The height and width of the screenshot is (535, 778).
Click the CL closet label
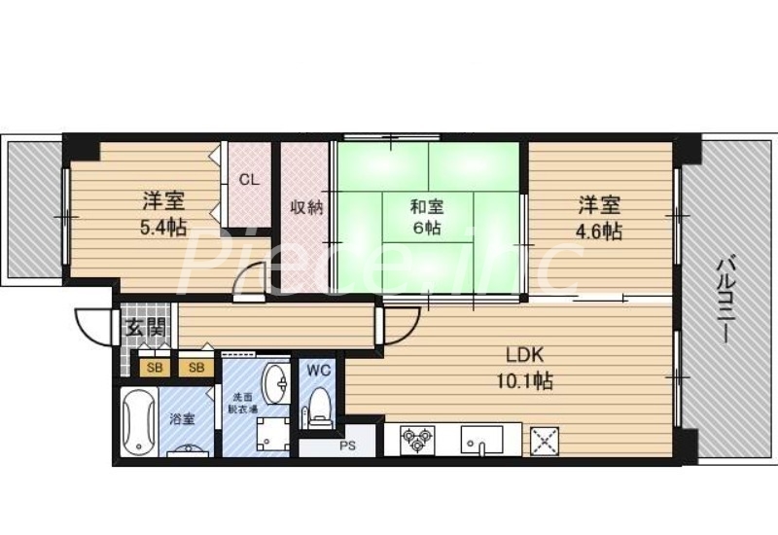pos(249,179)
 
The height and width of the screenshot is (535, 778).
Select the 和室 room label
pos(427,205)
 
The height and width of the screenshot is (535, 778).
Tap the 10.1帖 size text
pos(526,381)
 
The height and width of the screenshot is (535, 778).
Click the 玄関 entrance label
pos(136,328)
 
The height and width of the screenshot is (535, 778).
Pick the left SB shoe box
pos(154,367)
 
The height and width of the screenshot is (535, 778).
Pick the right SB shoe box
pos(195,367)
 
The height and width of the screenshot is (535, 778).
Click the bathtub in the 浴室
pos(137,421)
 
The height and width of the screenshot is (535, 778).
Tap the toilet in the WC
pos(319,408)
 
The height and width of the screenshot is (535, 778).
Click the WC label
pos(319,370)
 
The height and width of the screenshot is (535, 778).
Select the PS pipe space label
pos(347,447)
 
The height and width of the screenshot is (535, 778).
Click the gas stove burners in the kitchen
pos(419,438)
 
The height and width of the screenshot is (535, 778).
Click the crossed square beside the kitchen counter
pos(544,441)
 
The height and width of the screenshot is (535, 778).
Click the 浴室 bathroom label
pos(182,419)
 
